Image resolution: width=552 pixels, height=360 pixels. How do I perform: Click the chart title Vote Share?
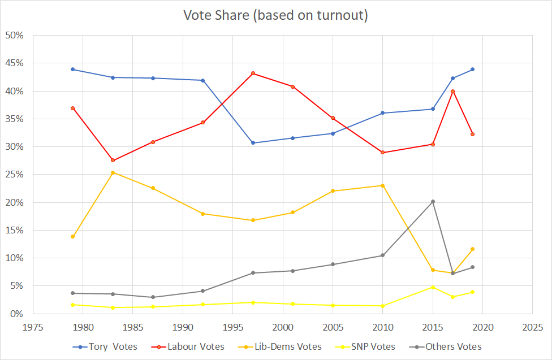(x=275, y=15)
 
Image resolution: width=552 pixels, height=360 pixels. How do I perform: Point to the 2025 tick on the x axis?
(x=532, y=327)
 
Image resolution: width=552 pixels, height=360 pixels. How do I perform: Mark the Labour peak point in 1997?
(x=253, y=73)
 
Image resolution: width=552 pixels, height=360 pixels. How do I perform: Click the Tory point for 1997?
(x=253, y=143)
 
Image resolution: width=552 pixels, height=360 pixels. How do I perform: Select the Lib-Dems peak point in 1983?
(x=113, y=172)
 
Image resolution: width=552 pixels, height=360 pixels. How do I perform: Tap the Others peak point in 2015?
(x=433, y=202)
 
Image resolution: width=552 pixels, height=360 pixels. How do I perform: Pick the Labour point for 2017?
(x=452, y=92)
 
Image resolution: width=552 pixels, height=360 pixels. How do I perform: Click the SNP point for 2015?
(x=433, y=287)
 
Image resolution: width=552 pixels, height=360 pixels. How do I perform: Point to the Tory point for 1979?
(x=73, y=70)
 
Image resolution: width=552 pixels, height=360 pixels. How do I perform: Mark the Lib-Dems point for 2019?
(x=472, y=249)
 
